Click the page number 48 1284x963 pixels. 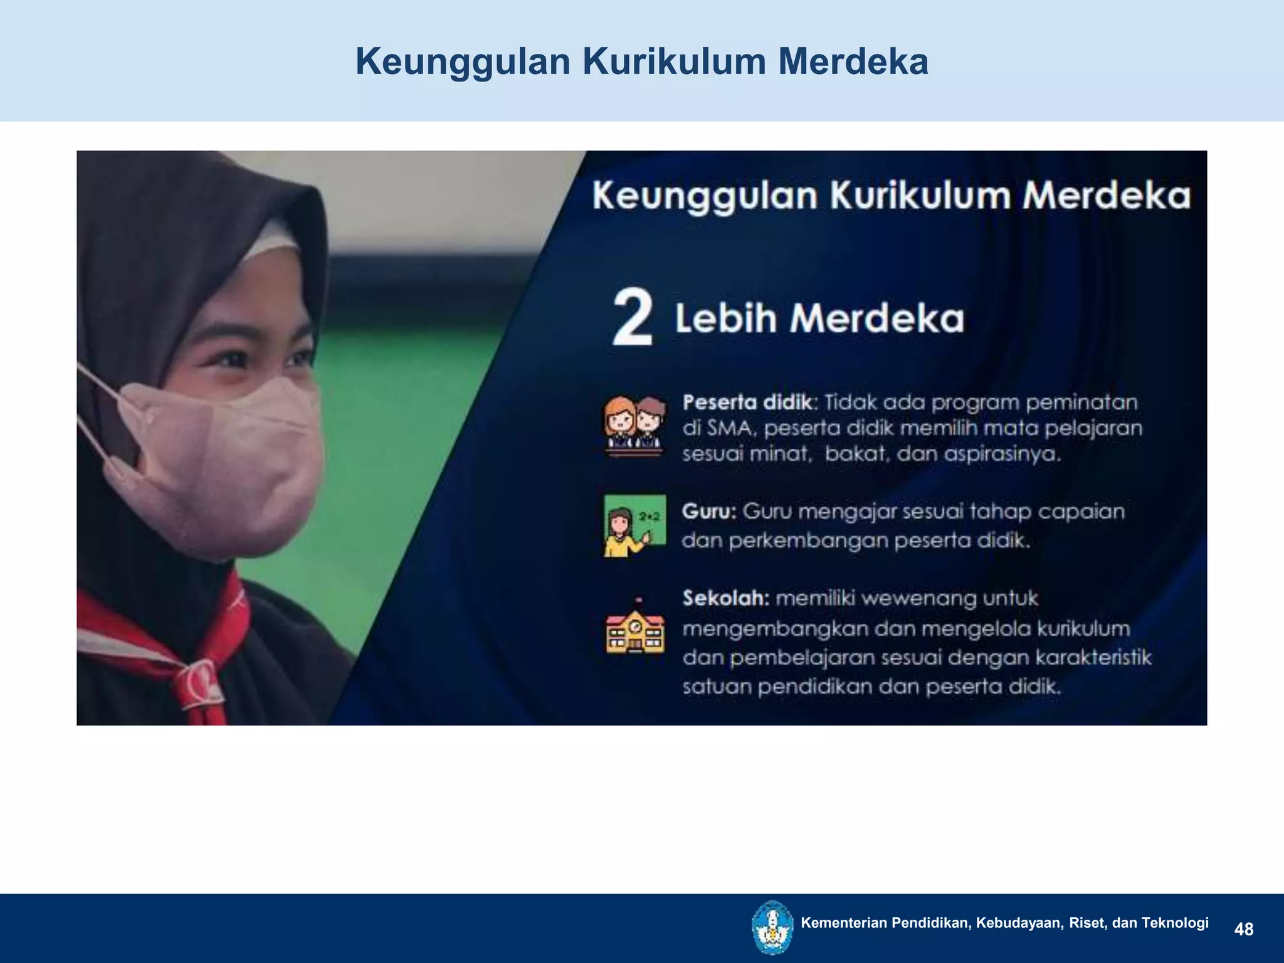(1243, 929)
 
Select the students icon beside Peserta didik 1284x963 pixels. (634, 425)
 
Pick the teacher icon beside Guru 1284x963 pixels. (634, 525)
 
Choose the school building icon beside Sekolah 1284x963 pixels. (634, 629)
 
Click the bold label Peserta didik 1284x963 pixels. (748, 402)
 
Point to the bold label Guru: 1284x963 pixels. (709, 512)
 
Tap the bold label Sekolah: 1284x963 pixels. (726, 598)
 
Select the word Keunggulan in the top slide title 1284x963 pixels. (463, 62)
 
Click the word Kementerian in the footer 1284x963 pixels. (844, 922)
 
